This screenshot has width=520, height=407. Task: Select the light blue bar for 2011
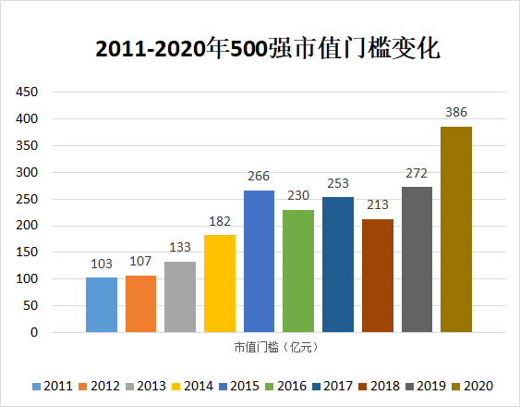[x=102, y=304]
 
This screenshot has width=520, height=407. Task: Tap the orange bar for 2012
[x=140, y=303]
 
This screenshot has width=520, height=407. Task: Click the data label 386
[x=456, y=113]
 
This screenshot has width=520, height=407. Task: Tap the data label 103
[x=102, y=264]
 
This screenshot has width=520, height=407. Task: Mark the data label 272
[x=417, y=173]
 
